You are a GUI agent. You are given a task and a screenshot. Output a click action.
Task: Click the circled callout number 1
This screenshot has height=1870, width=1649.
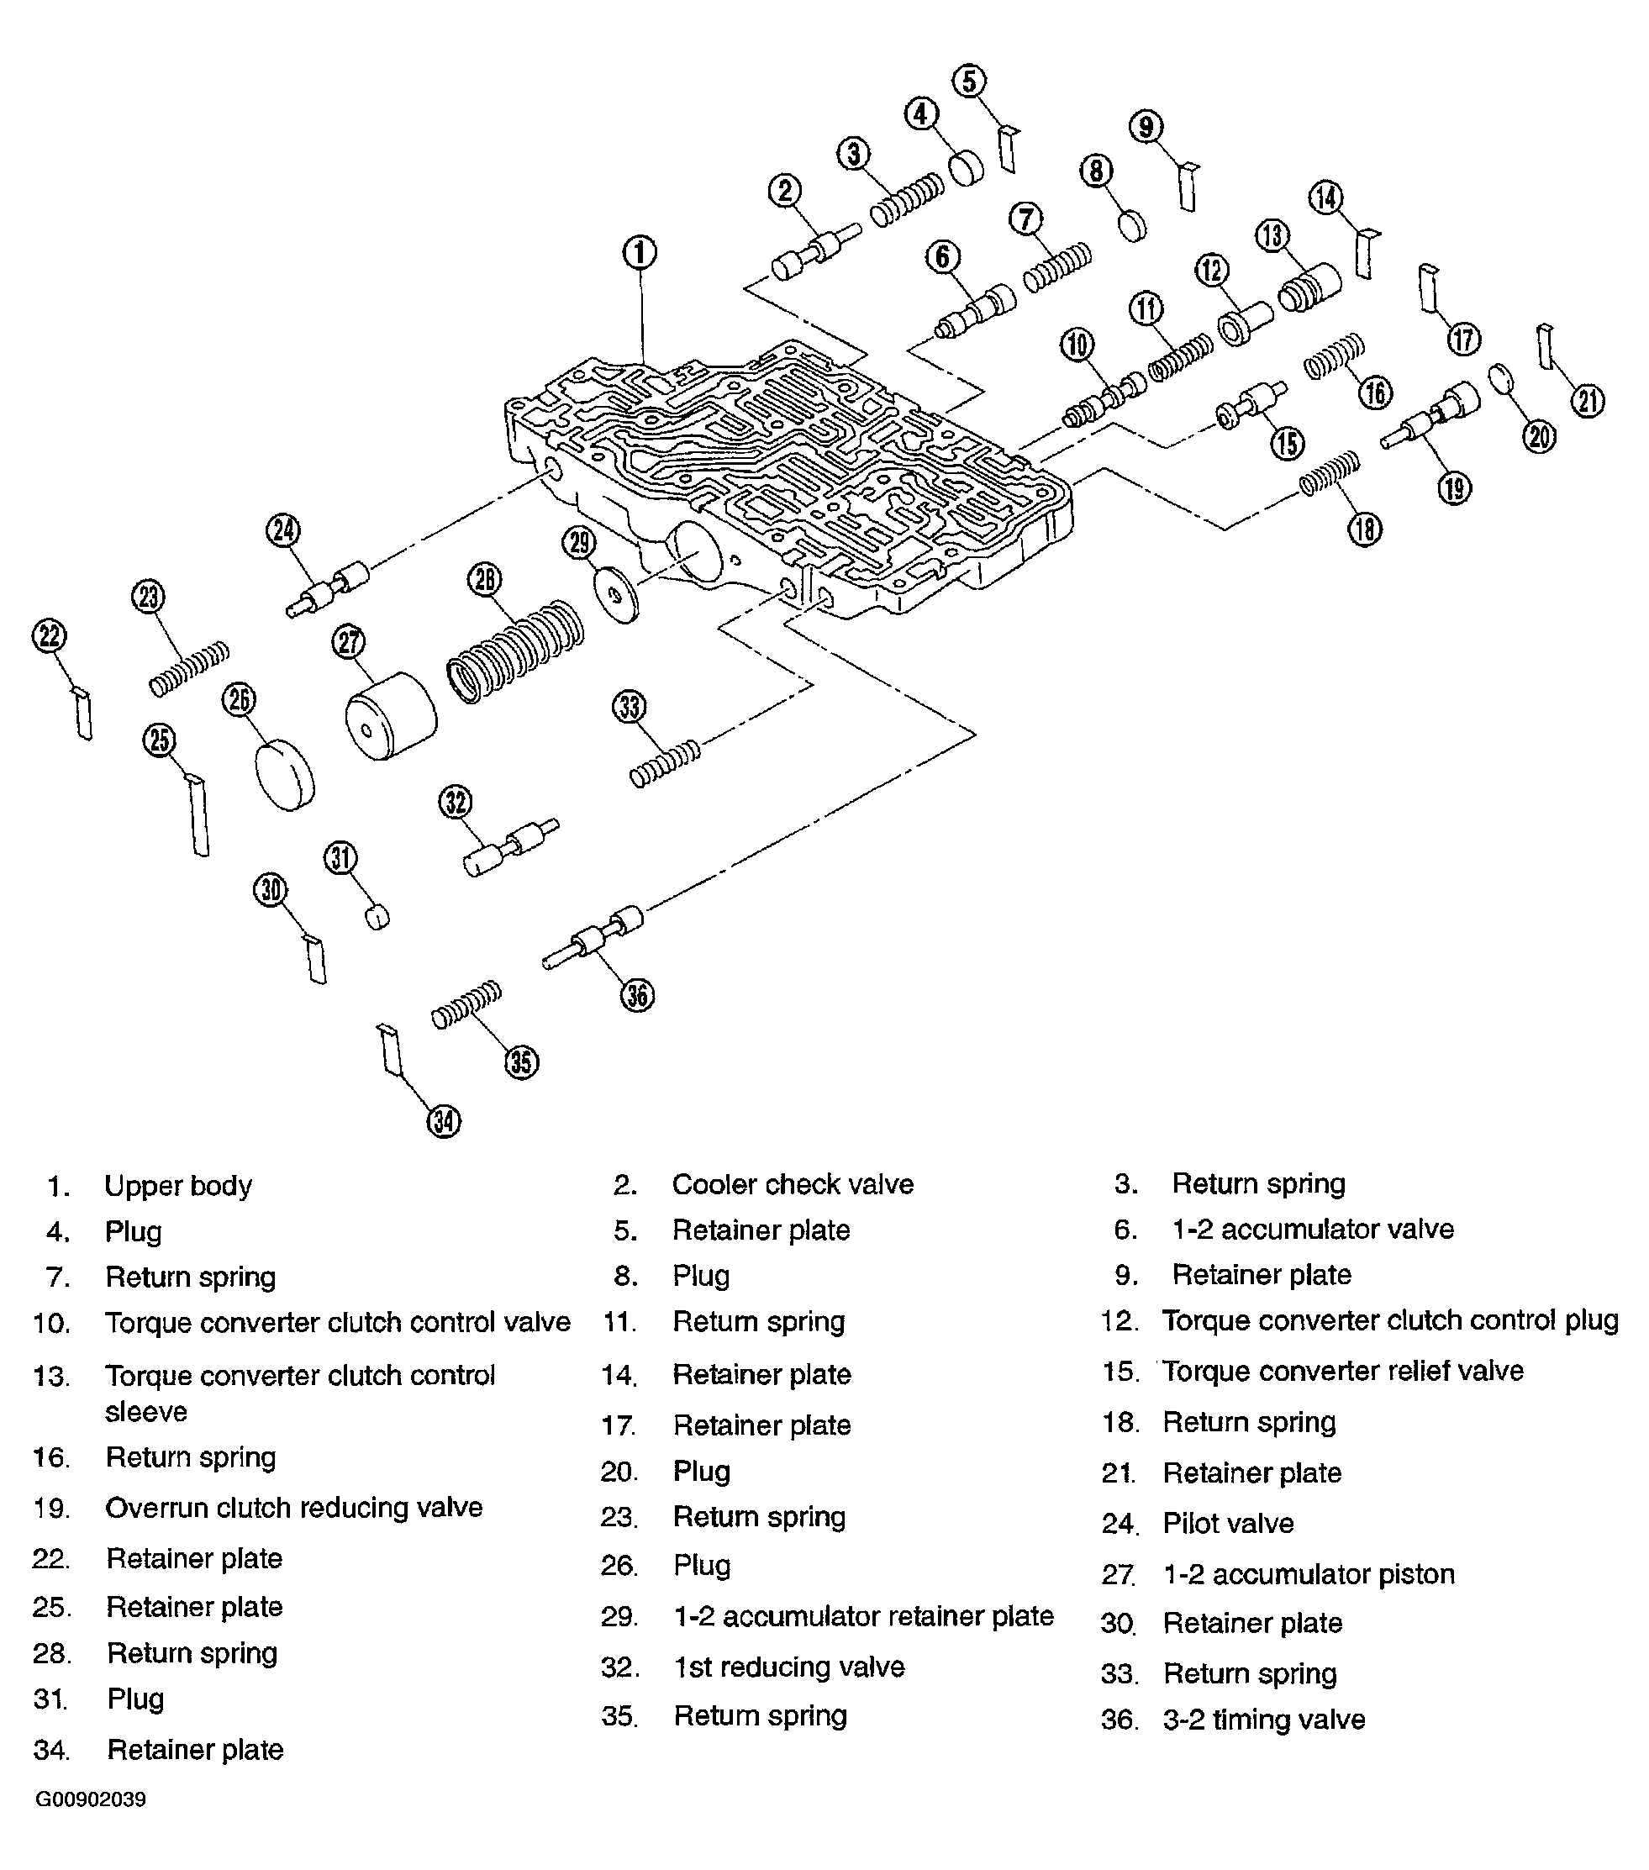tap(640, 252)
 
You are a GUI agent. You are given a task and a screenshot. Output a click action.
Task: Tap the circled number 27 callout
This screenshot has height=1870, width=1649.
tap(349, 641)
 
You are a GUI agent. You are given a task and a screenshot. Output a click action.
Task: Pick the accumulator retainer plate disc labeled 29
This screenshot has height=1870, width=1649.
tap(617, 596)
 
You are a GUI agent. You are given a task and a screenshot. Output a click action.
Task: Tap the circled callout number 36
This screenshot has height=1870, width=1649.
tap(638, 995)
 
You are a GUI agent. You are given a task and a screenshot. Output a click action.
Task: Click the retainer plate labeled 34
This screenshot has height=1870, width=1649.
tap(391, 1050)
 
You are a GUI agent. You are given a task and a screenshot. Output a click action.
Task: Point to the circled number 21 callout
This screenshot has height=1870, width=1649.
tap(1588, 401)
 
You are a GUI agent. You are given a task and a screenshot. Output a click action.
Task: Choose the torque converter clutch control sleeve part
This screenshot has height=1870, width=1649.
tap(1309, 287)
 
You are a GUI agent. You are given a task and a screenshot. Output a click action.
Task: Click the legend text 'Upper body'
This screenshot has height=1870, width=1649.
tap(177, 1186)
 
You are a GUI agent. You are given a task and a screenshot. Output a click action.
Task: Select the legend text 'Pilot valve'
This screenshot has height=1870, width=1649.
tap(1228, 1523)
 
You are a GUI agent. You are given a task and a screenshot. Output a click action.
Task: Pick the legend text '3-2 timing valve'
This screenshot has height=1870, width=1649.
tap(1264, 1719)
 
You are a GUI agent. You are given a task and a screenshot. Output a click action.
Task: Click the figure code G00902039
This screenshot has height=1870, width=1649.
tap(91, 1799)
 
